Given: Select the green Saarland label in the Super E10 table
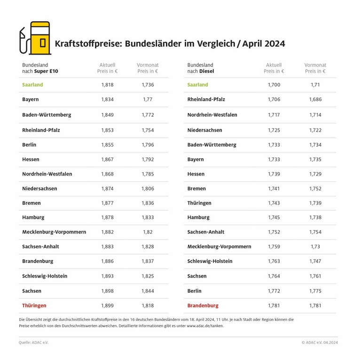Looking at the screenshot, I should [x=32, y=85].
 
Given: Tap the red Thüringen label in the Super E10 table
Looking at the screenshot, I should [x=34, y=305].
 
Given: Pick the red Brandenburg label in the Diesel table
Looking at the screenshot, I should [x=203, y=305].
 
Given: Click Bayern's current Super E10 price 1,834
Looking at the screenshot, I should [x=107, y=100].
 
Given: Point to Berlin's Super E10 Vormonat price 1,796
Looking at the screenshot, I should [x=148, y=145].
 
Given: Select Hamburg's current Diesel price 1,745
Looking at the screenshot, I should [x=274, y=217].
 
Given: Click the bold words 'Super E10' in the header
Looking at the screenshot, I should [x=47, y=72].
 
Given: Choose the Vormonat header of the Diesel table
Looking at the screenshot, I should [x=315, y=68].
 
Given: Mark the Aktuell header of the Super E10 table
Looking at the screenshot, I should [x=107, y=68].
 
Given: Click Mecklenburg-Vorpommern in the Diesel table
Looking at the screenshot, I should [x=219, y=247].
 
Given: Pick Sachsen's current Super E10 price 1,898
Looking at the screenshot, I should [x=107, y=291].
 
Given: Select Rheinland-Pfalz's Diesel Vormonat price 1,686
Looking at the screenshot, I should [x=315, y=100].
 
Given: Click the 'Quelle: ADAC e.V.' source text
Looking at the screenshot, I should [x=33, y=343].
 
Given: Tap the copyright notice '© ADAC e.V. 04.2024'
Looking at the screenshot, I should [x=320, y=343].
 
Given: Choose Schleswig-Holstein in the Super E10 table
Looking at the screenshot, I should [x=45, y=276].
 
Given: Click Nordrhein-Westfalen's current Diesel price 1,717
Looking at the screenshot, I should [x=274, y=115].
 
